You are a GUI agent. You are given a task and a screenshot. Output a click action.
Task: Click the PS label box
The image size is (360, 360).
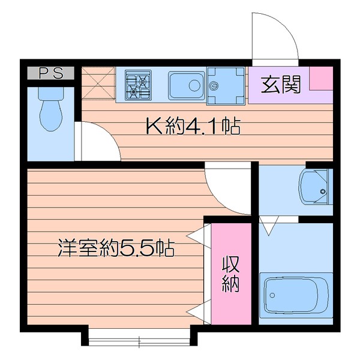pyautogui.click(x=51, y=73)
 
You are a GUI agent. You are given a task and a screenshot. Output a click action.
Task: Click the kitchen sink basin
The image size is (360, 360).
pyautogui.click(x=186, y=85)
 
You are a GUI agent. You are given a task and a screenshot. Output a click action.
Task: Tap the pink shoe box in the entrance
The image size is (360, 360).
pyautogui.click(x=320, y=78)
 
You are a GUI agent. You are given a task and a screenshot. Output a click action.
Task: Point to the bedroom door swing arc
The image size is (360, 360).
pyautogui.click(x=228, y=189)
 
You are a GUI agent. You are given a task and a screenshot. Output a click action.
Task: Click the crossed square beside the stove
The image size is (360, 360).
pyautogui.click(x=97, y=83)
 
